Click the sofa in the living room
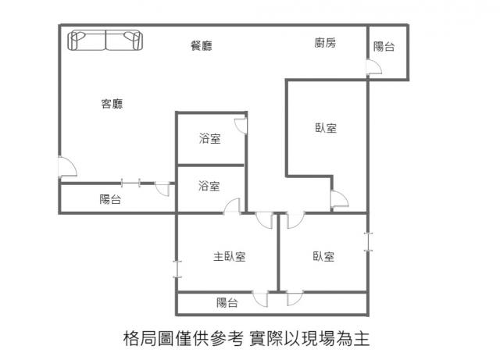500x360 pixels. click(105, 40)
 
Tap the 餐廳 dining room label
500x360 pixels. click(202, 46)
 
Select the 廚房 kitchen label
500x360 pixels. click(325, 43)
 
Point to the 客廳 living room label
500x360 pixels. click(112, 104)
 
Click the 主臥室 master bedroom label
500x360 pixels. click(229, 256)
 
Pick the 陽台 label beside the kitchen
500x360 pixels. click(384, 47)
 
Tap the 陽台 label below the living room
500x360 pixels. click(110, 199)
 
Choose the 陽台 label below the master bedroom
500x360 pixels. click(227, 303)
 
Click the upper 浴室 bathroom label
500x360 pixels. click(209, 138)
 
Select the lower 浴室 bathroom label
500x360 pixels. click(209, 186)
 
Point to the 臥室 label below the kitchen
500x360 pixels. click(326, 128)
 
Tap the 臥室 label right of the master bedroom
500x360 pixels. click(323, 256)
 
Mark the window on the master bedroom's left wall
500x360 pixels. click(177, 269)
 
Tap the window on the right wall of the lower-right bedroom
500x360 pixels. click(368, 242)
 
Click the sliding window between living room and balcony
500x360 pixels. click(130, 183)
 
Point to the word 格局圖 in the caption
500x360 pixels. click(149, 339)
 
